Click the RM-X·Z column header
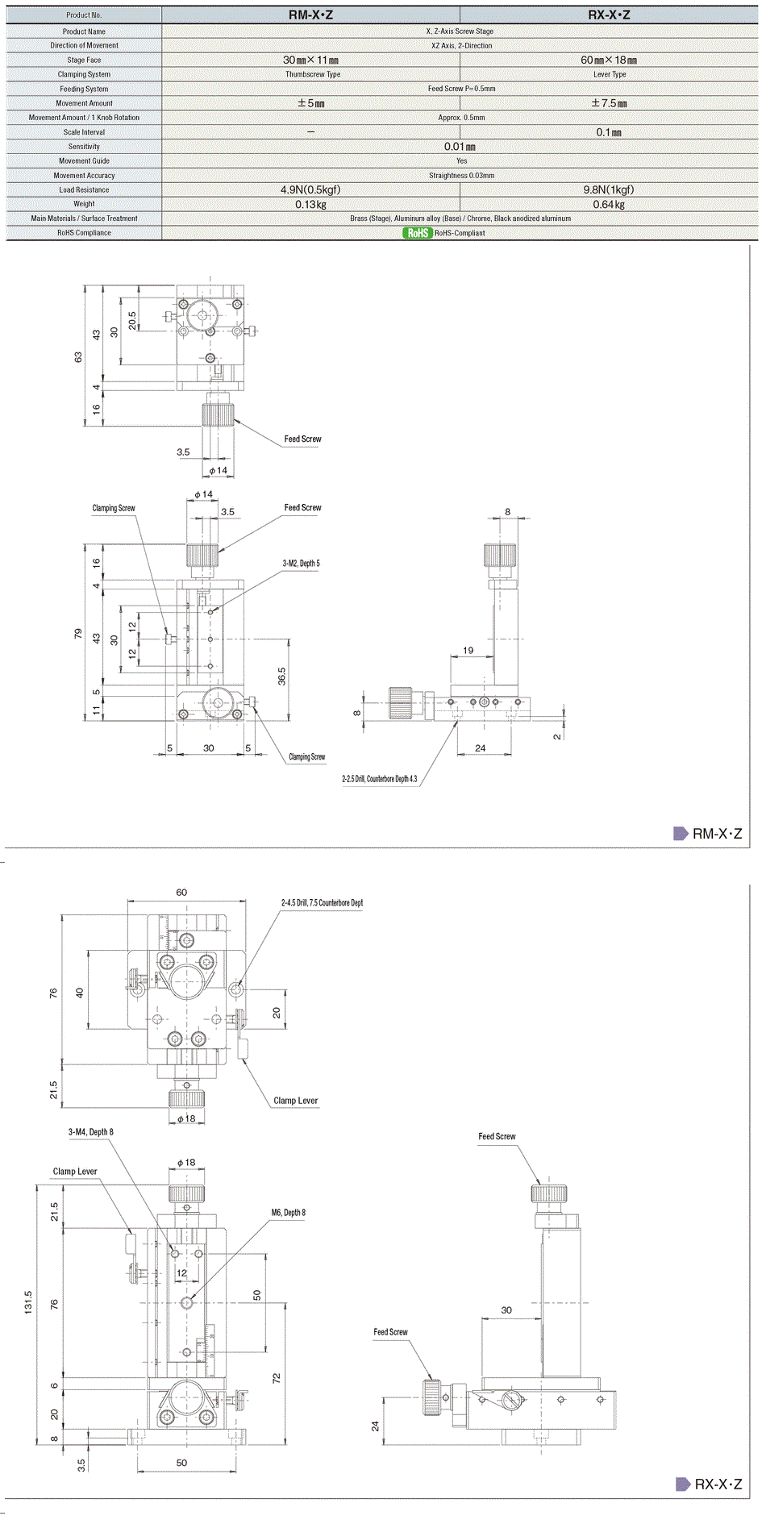tap(310, 15)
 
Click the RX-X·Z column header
tap(609, 15)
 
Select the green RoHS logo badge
tap(418, 233)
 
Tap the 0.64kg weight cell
tap(609, 205)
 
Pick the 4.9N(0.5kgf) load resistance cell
tap(310, 189)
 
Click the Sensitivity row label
tap(84, 147)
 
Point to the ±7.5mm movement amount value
tap(609, 103)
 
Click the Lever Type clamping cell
tap(610, 74)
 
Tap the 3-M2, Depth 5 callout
tap(301, 564)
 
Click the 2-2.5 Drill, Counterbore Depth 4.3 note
tap(380, 779)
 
